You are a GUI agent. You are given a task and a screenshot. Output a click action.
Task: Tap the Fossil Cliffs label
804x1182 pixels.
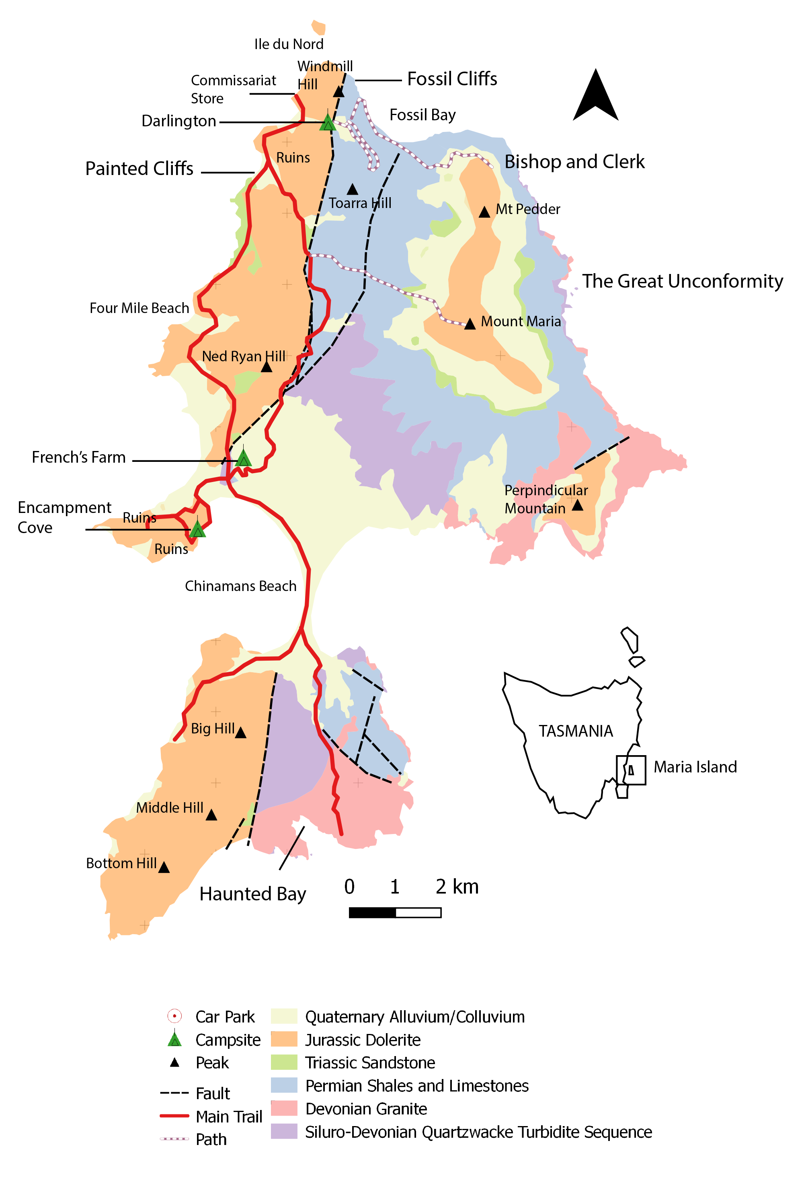pos(452,79)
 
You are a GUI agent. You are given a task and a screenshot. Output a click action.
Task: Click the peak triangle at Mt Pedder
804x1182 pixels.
pos(484,212)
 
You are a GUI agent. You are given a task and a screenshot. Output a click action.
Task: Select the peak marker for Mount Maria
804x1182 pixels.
pos(470,324)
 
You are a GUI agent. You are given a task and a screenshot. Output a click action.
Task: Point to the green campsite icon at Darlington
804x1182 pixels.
pos(328,123)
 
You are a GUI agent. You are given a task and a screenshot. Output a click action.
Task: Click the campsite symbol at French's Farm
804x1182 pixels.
pos(244,458)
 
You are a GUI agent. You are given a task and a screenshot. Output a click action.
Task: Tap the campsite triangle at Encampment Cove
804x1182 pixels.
pos(197,529)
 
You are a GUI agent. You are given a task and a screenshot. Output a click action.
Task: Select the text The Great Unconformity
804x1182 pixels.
pos(682,281)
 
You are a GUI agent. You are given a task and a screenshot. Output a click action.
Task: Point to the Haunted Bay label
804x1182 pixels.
pos(252,894)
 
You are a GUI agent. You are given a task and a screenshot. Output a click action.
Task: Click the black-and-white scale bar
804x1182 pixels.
pos(395,912)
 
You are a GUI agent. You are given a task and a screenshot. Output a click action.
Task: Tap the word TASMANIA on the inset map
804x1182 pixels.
pos(575,731)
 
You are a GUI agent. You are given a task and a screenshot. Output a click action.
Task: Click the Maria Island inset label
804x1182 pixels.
pos(695,767)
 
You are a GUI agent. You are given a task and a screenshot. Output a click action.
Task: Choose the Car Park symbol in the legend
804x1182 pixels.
pos(174,1016)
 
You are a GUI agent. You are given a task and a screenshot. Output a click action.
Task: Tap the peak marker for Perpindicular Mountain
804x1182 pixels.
pos(577,505)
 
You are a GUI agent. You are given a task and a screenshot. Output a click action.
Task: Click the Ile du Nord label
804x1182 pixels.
pos(289,45)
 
